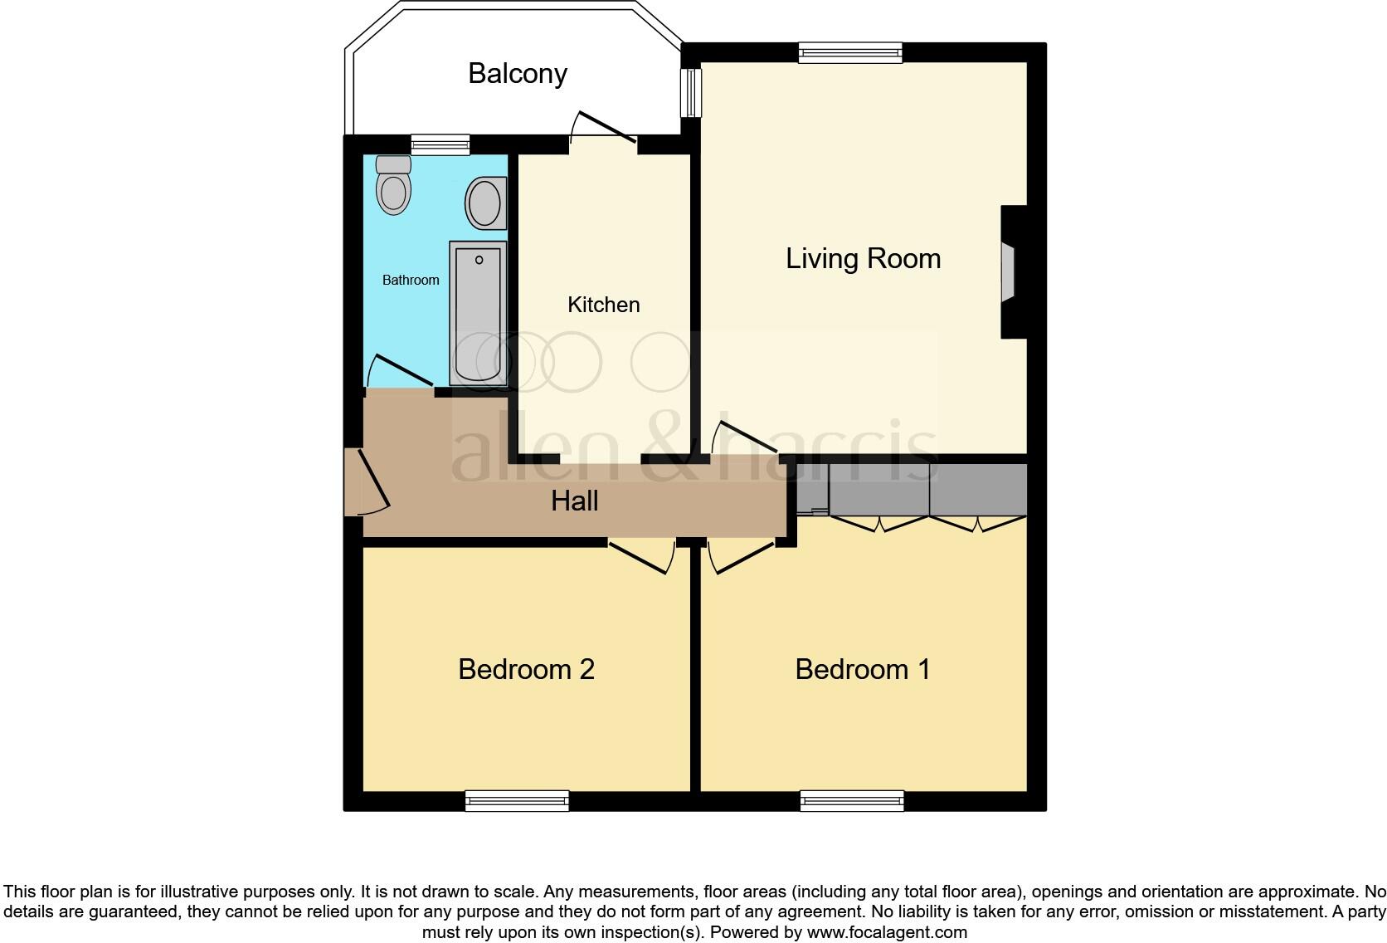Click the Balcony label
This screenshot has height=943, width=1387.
(517, 74)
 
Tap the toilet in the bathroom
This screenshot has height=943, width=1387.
(393, 186)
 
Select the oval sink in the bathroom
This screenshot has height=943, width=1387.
(484, 203)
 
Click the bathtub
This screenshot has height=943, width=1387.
(479, 314)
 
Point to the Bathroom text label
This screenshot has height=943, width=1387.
(411, 281)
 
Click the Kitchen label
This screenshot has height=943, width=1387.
(603, 305)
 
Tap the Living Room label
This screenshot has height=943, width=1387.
(863, 258)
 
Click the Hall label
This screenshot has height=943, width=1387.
(575, 501)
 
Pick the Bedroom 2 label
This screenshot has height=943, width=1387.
(526, 669)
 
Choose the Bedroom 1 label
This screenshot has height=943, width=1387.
(863, 669)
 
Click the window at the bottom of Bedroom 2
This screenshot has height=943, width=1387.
(517, 800)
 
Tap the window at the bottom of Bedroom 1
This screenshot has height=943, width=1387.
(852, 800)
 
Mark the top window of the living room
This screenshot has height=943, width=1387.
(850, 53)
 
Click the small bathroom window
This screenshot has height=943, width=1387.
(440, 145)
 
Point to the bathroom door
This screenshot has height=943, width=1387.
(400, 371)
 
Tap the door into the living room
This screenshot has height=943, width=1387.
(742, 437)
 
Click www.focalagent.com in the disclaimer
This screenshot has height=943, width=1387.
(886, 932)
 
